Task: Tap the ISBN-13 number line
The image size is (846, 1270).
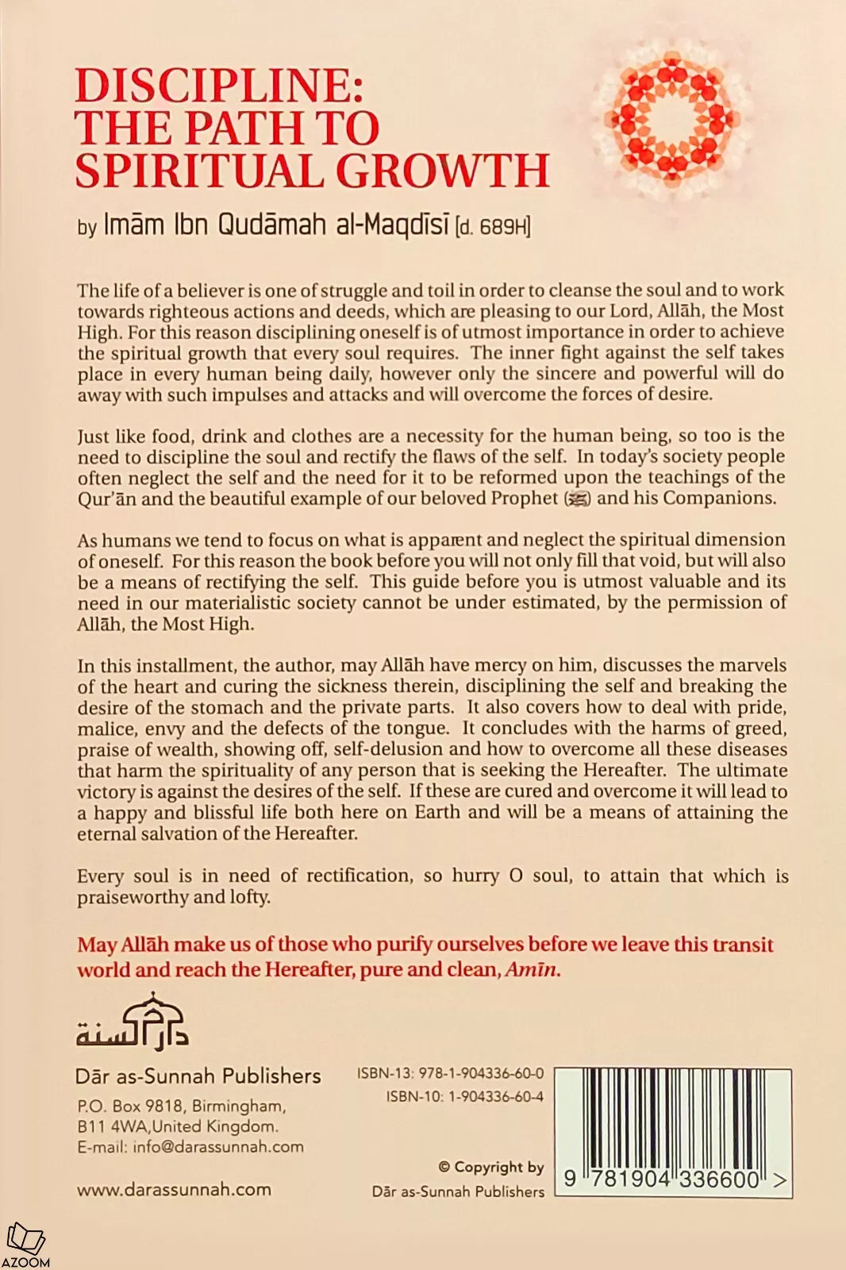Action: [450, 1074]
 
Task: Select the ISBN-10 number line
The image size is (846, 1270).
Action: [465, 1096]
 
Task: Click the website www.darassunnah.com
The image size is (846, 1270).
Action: [174, 1189]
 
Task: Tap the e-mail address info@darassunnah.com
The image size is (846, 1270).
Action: [190, 1147]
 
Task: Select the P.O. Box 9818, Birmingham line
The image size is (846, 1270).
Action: [182, 1106]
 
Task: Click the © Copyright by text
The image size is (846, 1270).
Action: [491, 1167]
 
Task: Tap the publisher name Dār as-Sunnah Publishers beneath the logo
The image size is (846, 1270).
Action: [198, 1076]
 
